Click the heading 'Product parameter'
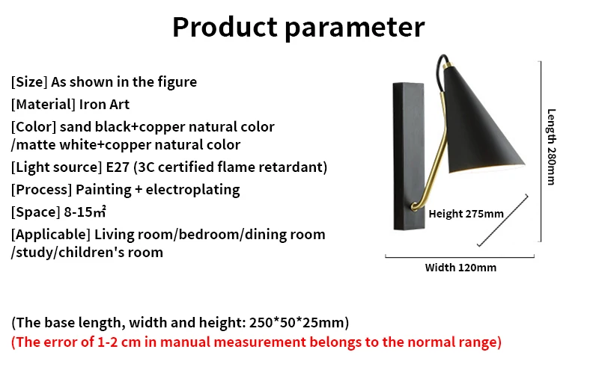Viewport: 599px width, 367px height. [298, 28]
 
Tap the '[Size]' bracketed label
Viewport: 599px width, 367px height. [29, 82]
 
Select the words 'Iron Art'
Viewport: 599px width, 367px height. [104, 104]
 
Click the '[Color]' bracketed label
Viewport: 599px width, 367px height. [34, 126]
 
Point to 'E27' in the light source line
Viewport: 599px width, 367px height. [118, 167]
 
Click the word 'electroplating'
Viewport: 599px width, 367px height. [192, 190]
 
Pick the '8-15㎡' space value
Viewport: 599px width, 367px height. [85, 212]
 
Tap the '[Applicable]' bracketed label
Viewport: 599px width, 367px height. [51, 234]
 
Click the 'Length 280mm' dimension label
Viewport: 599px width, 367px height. [551, 147]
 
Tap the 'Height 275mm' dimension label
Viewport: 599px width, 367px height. [466, 214]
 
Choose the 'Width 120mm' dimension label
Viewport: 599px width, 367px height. [460, 268]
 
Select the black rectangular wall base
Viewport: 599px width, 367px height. [409, 156]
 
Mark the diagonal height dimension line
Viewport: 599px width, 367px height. [503, 220]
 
